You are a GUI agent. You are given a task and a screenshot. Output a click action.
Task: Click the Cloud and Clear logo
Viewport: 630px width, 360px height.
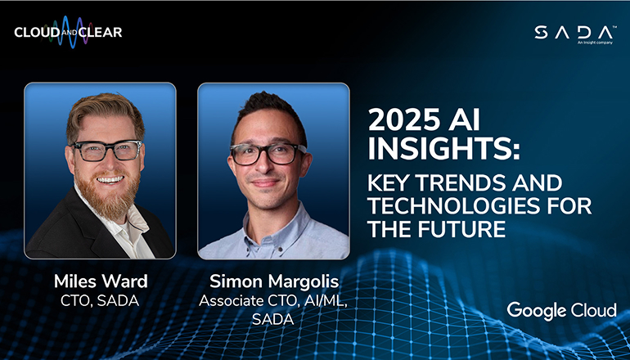click(68, 33)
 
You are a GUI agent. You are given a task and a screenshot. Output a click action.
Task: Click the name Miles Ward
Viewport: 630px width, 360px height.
click(100, 281)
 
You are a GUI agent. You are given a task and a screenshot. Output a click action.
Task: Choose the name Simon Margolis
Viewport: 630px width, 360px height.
click(272, 281)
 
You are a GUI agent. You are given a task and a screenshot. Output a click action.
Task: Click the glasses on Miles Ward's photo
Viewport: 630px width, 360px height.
click(106, 150)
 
